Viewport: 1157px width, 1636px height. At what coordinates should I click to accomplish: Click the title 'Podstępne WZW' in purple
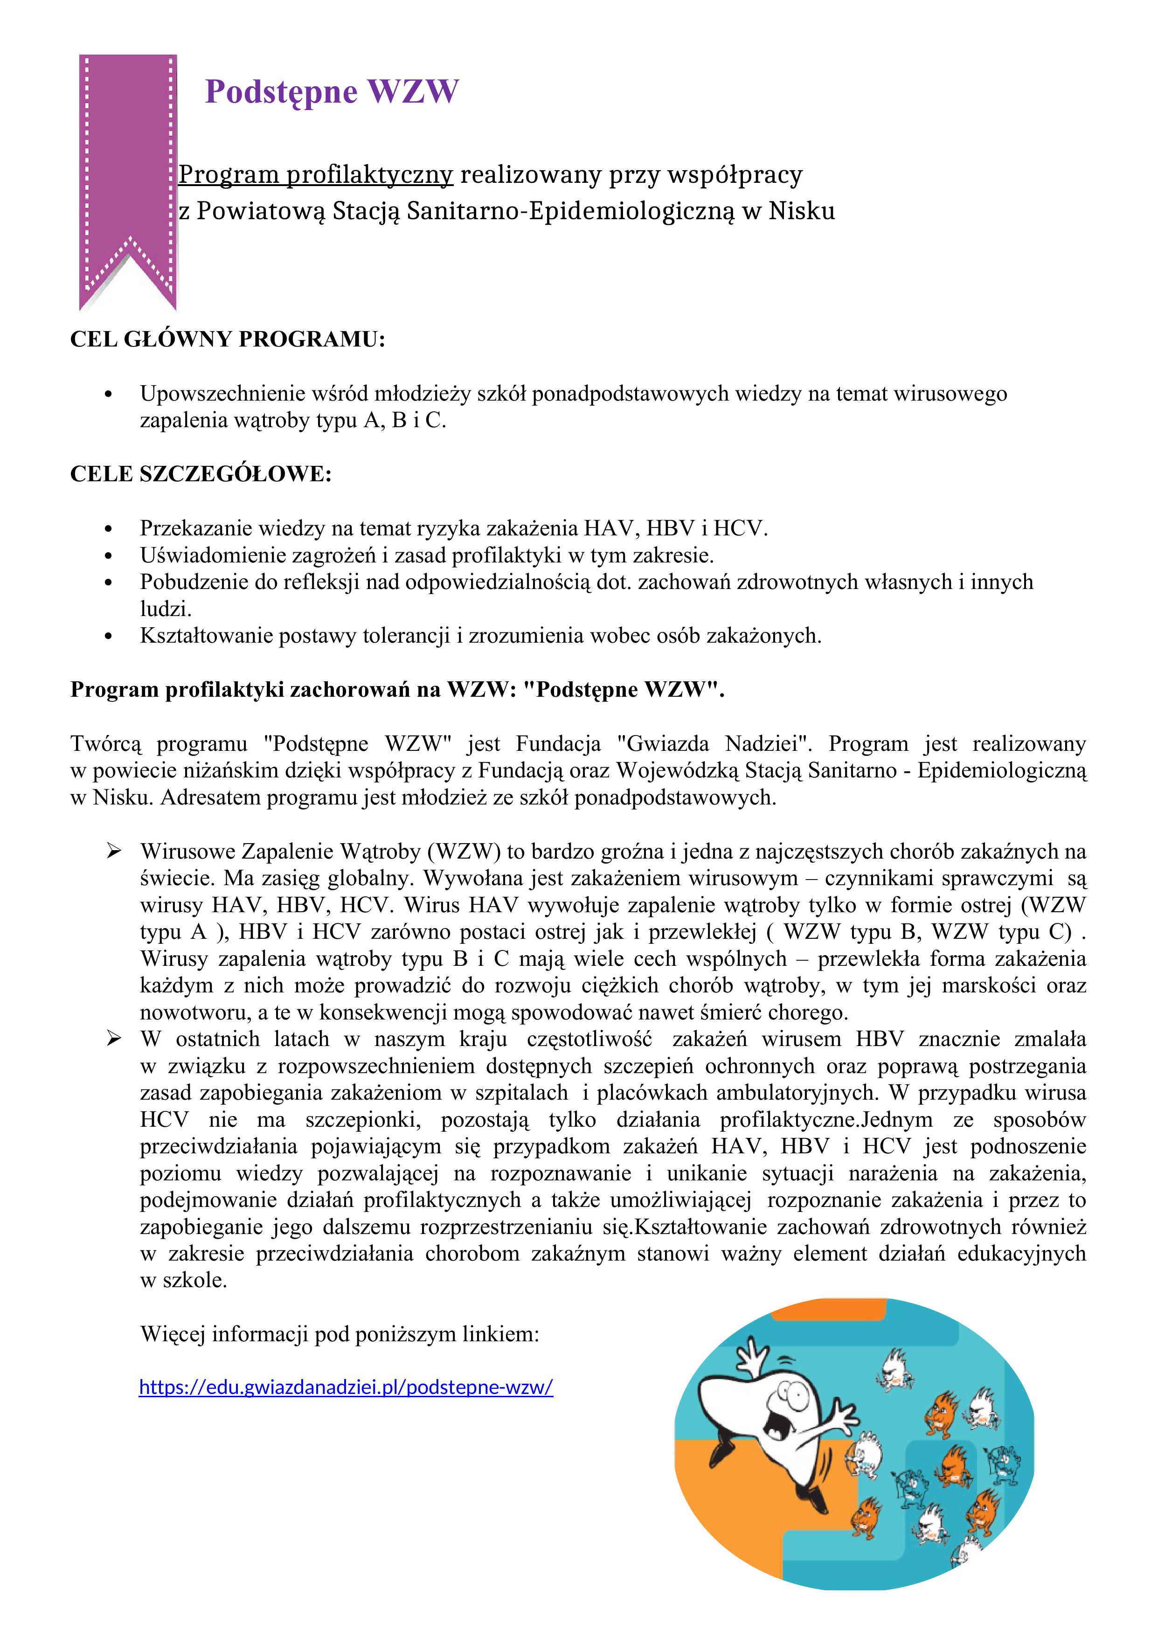coord(332,92)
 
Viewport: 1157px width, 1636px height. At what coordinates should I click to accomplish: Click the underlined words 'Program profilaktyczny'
coord(316,174)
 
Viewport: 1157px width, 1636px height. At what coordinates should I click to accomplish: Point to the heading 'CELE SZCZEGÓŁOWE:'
coord(201,474)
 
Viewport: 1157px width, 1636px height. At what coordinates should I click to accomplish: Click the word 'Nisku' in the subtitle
coord(802,212)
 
